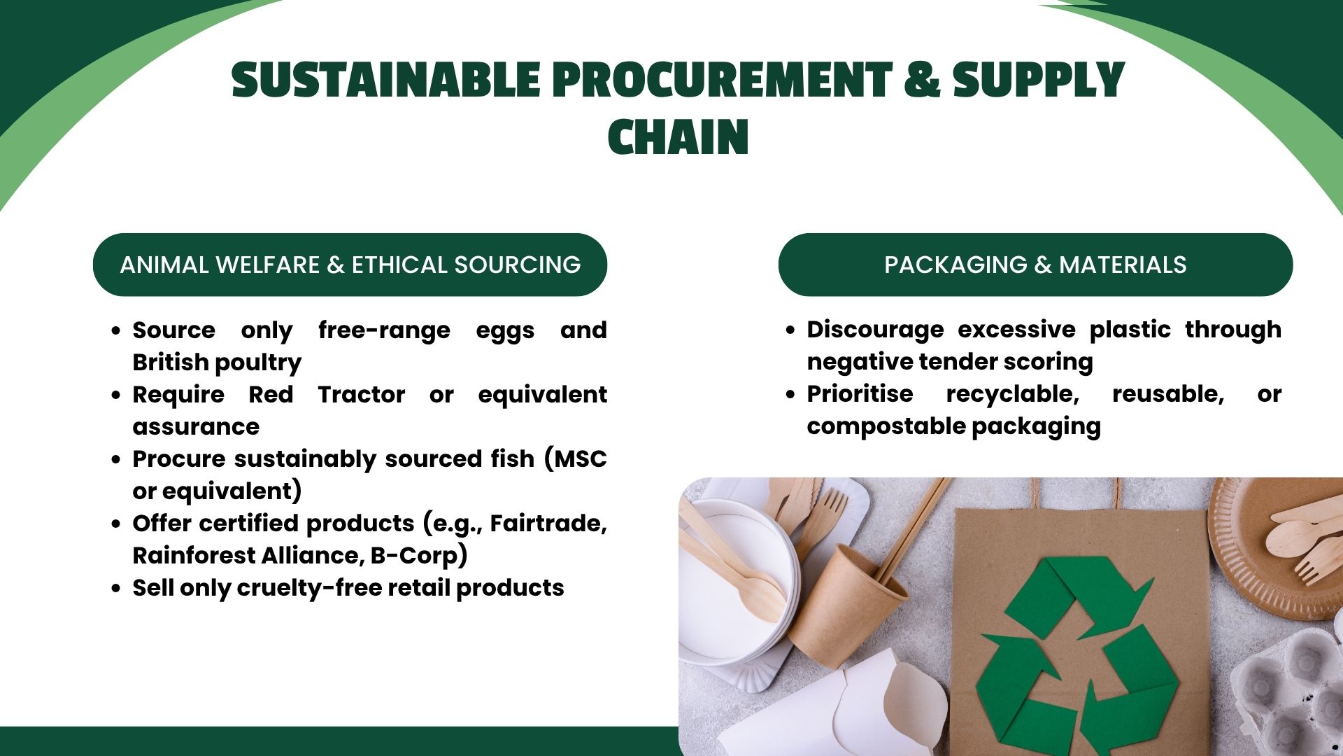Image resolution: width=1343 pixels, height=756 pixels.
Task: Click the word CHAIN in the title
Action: tap(678, 136)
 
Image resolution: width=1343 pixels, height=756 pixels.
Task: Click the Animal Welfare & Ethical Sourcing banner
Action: tap(350, 265)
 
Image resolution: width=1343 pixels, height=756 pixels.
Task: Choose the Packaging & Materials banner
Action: tap(1035, 265)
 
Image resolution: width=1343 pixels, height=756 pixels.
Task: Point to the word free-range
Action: tap(384, 330)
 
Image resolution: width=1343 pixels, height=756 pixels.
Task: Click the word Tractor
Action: tap(361, 394)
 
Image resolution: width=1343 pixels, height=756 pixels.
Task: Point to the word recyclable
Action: tap(1012, 394)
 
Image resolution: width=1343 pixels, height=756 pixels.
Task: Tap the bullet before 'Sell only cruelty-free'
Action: tap(116, 589)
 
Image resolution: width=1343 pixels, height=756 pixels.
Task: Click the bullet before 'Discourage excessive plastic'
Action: tap(790, 330)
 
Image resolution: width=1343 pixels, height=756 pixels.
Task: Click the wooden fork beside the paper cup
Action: tap(824, 521)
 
